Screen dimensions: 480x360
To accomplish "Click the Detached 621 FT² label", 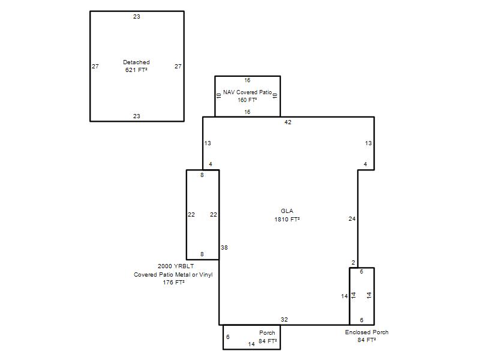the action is click(x=136, y=66).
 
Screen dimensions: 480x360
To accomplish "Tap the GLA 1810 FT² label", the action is click(x=287, y=215).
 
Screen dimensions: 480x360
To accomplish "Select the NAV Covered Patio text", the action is click(x=247, y=92).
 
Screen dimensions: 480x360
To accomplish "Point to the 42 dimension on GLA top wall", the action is click(x=288, y=122).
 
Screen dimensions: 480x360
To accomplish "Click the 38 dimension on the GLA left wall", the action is click(x=224, y=247).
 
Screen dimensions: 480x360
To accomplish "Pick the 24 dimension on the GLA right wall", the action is click(x=352, y=218).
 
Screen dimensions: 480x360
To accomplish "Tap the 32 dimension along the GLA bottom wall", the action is click(x=284, y=319).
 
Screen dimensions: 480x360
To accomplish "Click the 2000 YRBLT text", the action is click(x=175, y=266).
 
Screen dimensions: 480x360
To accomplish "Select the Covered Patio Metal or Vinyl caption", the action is click(x=173, y=275).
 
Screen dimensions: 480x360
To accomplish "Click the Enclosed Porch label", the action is click(x=367, y=332).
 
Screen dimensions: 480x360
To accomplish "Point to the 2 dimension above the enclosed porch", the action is click(x=353, y=262).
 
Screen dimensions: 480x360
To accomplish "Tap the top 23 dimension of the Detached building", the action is click(x=137, y=17).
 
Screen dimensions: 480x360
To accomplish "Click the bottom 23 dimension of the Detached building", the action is click(x=137, y=116).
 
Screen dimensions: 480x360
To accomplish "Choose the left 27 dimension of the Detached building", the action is click(x=95, y=66).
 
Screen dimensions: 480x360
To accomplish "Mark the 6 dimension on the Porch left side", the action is click(x=228, y=337).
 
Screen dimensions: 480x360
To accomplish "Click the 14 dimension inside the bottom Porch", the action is click(x=251, y=344).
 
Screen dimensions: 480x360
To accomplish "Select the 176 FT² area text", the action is click(x=173, y=282).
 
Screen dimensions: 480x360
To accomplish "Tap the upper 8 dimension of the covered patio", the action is click(x=202, y=175).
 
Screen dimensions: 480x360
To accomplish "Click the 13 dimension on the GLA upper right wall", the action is click(x=368, y=143).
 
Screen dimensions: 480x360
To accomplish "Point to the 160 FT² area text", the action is click(x=247, y=100).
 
